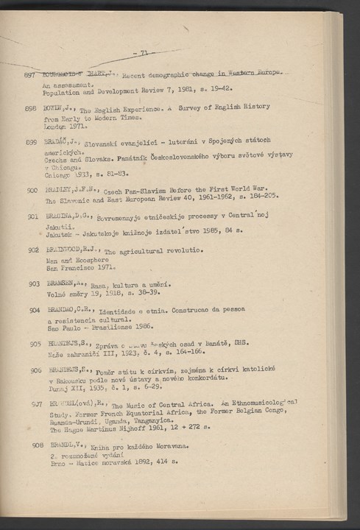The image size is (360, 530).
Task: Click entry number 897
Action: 30,77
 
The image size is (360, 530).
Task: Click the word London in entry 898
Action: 55,126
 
